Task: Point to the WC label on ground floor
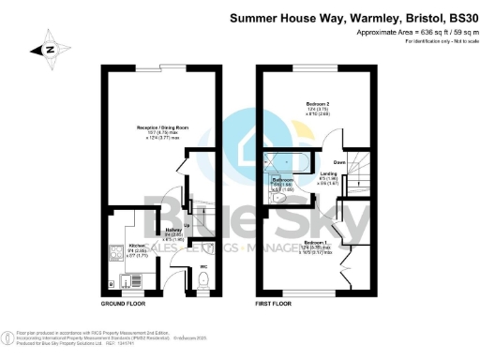coord(202,267)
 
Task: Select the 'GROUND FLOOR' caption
coord(122,304)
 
